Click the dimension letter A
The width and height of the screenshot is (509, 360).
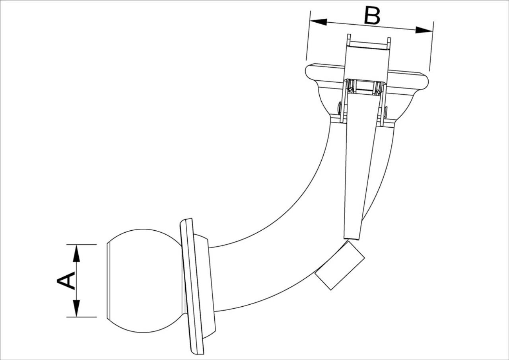point(66,281)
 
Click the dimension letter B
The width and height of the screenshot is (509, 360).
point(372,16)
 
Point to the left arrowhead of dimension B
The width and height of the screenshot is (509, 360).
point(319,22)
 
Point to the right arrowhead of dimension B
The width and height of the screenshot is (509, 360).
point(424,30)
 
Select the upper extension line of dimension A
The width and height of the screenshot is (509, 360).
point(82,245)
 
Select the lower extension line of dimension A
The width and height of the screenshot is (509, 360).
point(82,317)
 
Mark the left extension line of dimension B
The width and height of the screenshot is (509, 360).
point(308,35)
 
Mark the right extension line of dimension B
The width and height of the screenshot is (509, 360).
point(431,46)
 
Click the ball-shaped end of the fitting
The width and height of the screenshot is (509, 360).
point(143,281)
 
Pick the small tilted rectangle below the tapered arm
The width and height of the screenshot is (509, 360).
point(340,265)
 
